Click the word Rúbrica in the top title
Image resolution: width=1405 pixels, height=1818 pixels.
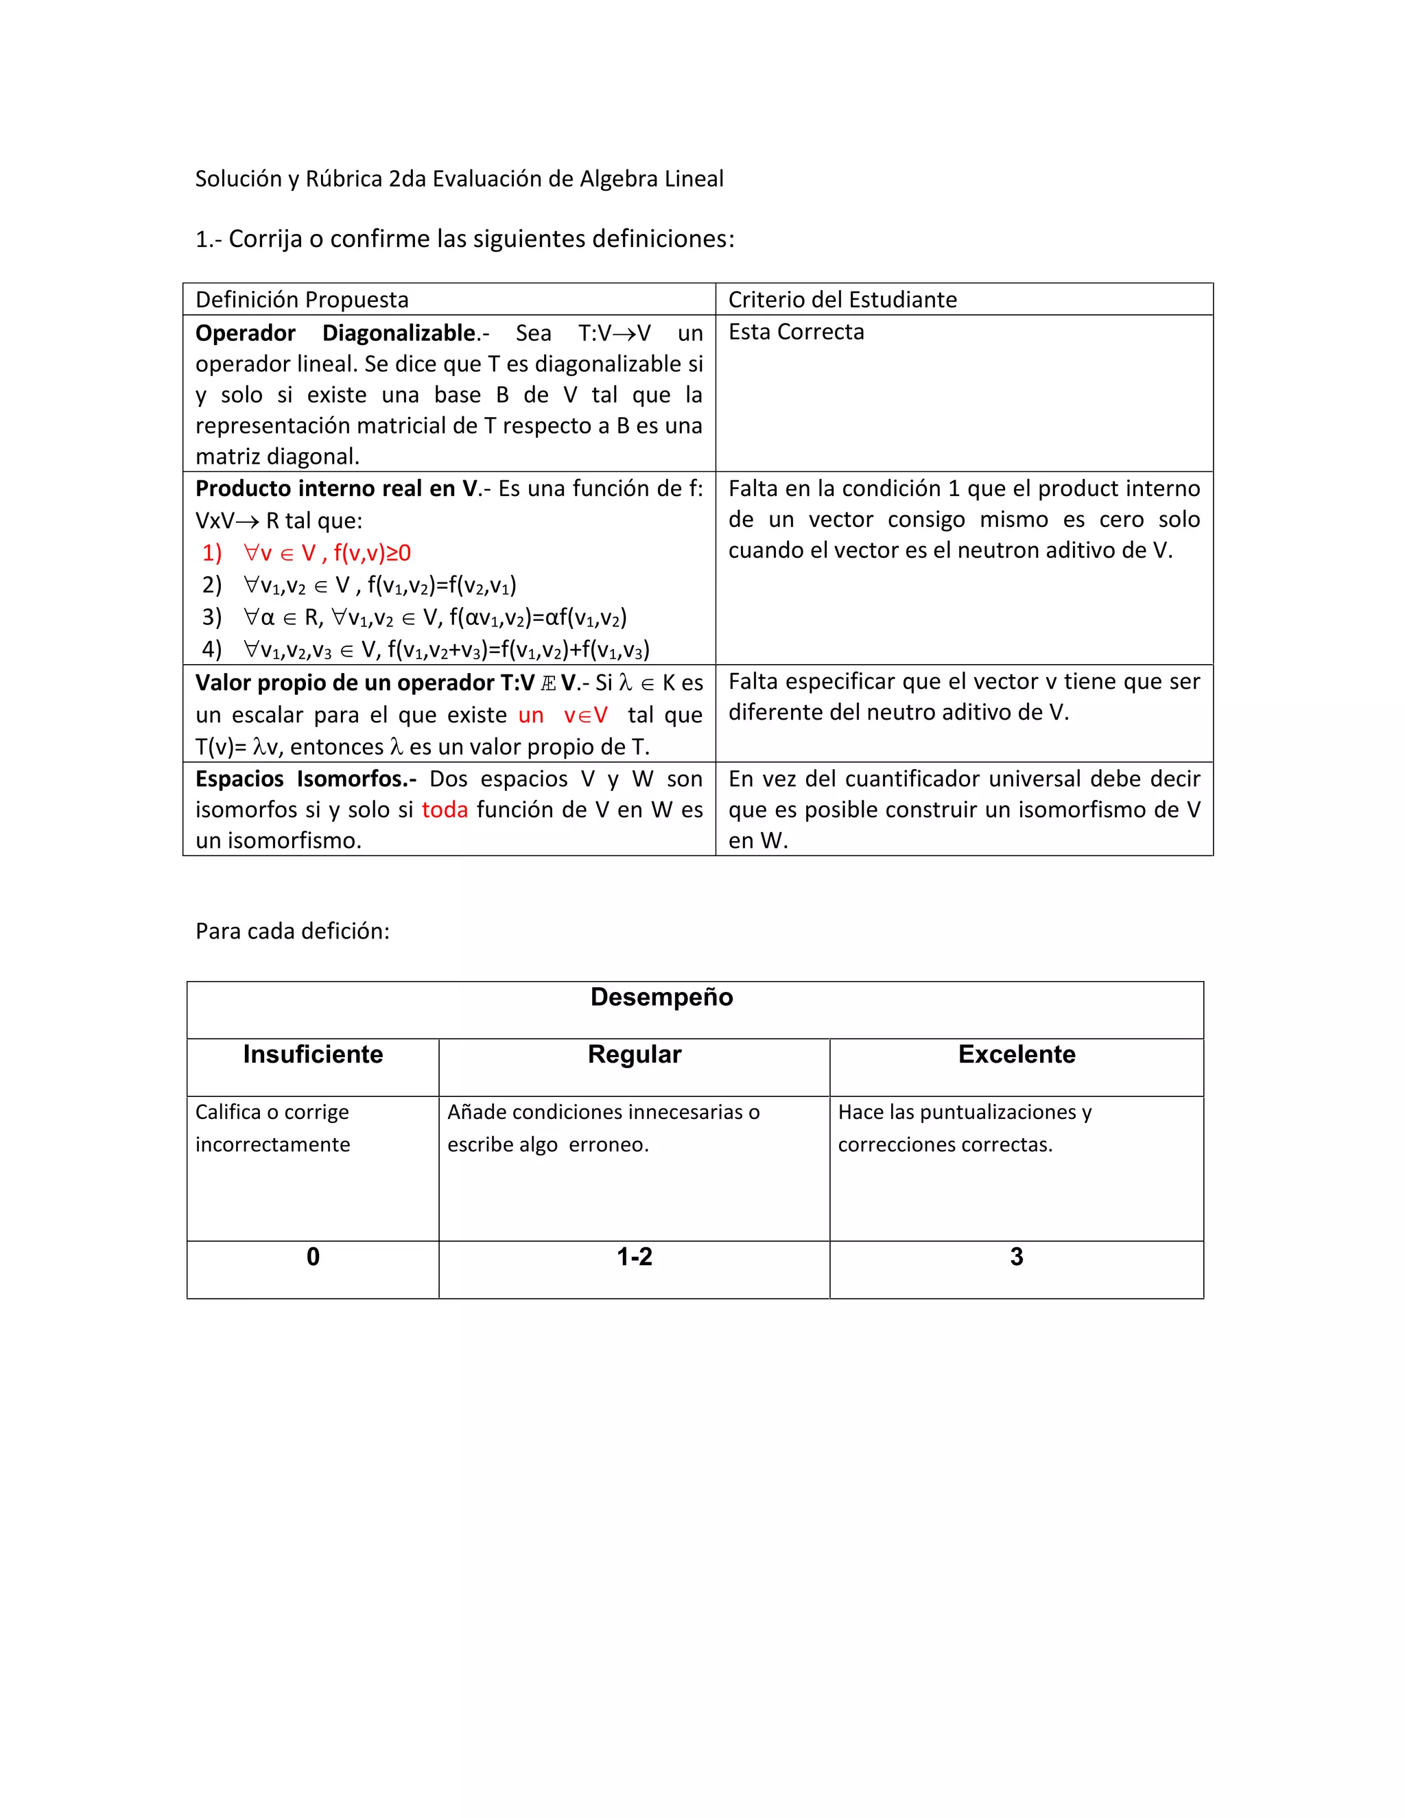pos(344,179)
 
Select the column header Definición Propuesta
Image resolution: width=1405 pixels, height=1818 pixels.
pos(301,300)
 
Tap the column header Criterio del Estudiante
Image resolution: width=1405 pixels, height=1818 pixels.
pos(842,300)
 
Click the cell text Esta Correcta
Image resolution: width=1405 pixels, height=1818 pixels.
pos(796,332)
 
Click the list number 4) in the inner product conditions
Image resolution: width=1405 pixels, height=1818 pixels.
pos(211,649)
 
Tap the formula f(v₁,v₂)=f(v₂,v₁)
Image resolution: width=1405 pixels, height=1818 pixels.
pos(441,586)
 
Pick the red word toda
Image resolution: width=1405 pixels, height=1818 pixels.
pos(445,810)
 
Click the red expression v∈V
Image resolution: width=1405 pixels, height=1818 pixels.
pos(585,715)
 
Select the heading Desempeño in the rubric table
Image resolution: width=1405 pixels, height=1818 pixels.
pos(662,997)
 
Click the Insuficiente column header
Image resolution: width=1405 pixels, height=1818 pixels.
pos(313,1054)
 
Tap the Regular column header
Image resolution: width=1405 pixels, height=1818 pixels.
pos(635,1054)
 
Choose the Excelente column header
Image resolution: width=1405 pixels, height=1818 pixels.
pos(1016,1054)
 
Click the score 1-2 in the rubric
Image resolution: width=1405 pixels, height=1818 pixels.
pos(635,1257)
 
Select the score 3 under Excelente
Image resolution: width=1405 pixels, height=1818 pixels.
pos(1016,1257)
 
